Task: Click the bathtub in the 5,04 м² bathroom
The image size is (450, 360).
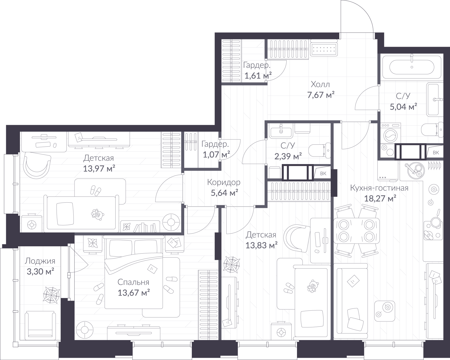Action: pos(412,67)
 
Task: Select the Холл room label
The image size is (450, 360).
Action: pos(320,84)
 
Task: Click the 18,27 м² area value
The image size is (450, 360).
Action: pos(380,198)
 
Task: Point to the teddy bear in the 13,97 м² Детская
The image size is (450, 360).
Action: pos(97,214)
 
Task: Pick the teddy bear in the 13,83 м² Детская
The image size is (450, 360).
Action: pos(313,286)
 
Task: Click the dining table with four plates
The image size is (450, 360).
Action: pos(356,231)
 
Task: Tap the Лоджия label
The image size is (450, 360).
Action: pos(40,261)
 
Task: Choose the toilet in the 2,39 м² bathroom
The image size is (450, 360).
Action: pos(320,151)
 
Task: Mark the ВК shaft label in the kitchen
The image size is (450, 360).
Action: pos(436,153)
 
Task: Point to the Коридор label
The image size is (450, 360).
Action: pos(224,182)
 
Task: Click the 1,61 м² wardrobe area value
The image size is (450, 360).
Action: pos(258,75)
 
